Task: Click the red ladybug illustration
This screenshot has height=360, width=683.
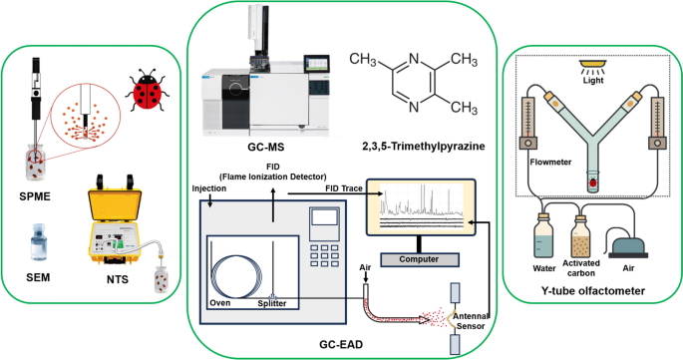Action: (146, 93)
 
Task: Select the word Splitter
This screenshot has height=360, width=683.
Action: (274, 302)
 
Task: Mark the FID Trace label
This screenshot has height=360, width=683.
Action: (342, 187)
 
